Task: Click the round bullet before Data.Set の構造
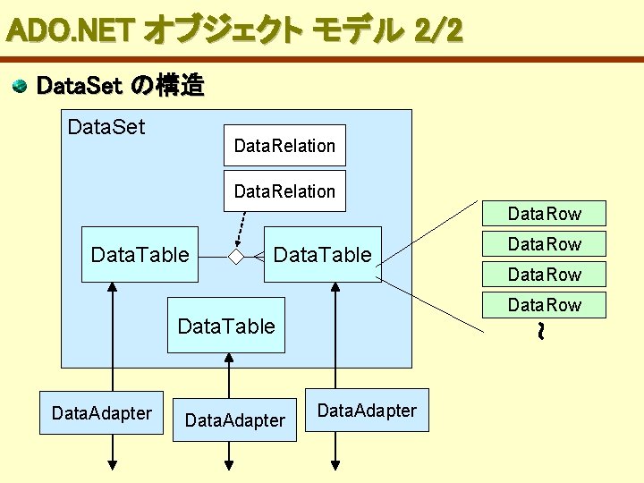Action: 19,87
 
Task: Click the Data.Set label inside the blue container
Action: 106,126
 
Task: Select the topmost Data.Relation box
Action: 284,145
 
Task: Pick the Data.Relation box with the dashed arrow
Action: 284,191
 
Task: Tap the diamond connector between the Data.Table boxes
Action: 235,256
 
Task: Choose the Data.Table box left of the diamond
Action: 140,255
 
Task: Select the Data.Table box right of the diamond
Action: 322,255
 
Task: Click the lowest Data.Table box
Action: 226,326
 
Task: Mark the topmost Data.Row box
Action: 544,214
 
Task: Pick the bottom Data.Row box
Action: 544,305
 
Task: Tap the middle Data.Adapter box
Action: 233,419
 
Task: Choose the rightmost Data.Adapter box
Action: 367,411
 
